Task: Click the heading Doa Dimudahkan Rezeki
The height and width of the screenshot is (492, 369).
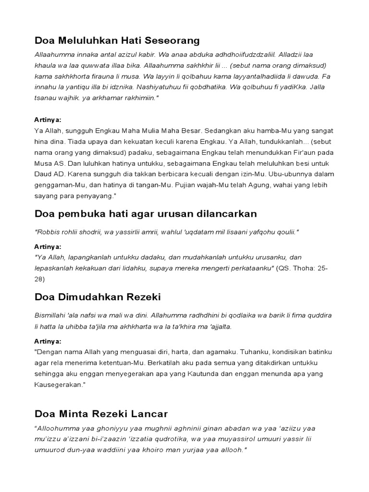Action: click(98, 297)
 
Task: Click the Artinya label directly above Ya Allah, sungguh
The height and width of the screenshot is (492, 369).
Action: click(48, 120)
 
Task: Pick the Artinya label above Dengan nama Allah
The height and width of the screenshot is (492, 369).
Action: click(48, 341)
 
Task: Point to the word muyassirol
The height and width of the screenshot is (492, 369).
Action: click(222, 439)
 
